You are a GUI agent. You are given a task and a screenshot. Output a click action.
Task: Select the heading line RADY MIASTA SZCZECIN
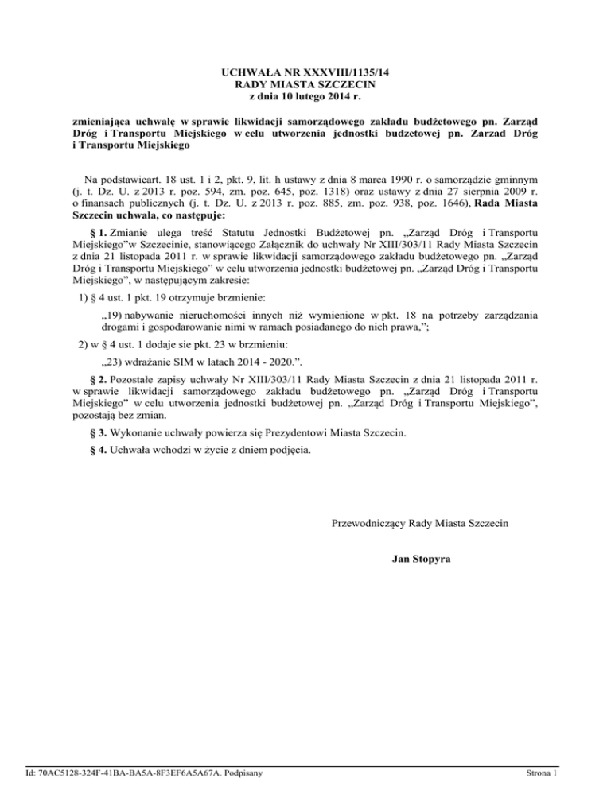coord(305,84)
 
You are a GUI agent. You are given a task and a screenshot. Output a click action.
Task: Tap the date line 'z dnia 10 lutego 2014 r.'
coord(305,96)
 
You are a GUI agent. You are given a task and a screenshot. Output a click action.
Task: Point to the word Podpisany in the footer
coord(240,772)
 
